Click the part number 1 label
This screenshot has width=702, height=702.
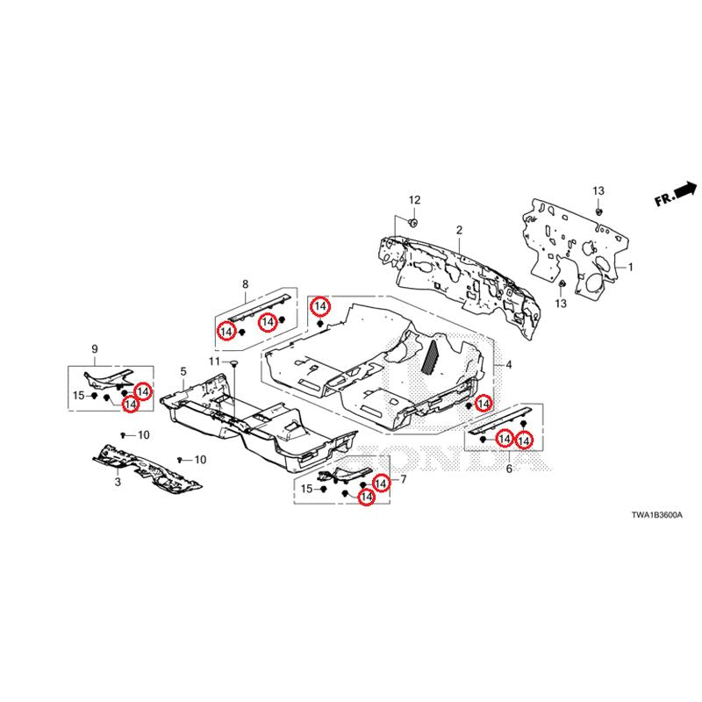[628, 265]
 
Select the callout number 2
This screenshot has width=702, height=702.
[458, 230]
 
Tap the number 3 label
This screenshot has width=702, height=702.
[117, 483]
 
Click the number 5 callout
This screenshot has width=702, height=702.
[183, 372]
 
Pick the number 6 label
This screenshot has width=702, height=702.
[508, 469]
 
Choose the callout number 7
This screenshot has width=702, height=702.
[404, 479]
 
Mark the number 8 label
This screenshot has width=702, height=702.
[245, 283]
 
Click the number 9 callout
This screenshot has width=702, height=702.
[95, 351]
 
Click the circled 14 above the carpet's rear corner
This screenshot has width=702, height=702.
[321, 306]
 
